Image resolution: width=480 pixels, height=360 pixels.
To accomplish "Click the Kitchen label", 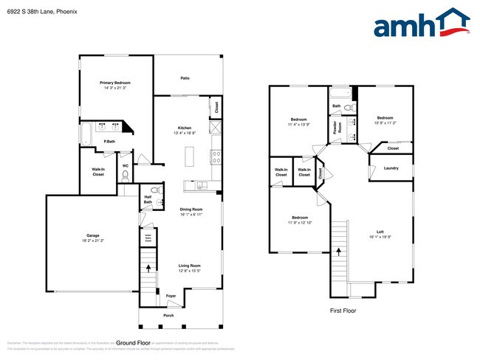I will point(185,128).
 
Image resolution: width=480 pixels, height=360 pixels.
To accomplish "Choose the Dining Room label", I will point(191,209).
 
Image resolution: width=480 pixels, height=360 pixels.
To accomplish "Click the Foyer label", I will point(171,296).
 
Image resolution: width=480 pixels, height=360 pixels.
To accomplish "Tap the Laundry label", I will point(391,168).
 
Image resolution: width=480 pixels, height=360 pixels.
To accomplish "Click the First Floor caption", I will point(343,311).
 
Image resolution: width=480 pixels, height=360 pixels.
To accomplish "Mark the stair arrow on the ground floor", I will point(148,269).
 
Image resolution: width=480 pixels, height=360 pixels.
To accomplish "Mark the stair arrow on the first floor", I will point(339,251).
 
